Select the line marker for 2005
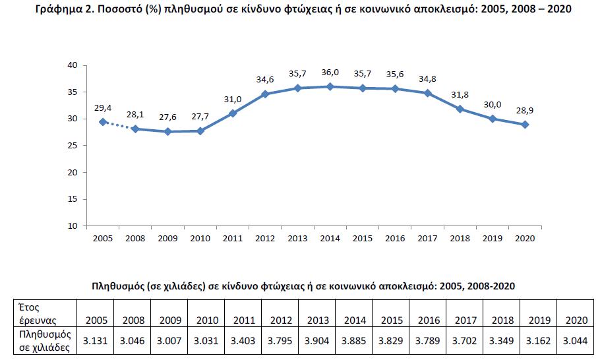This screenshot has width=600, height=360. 102,122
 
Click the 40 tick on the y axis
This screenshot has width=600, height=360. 73,65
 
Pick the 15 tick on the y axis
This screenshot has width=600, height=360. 73,199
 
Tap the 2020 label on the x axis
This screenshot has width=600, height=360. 525,238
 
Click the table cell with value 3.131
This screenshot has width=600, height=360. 96,342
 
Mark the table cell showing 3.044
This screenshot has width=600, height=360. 576,342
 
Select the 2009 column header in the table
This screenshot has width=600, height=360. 171,320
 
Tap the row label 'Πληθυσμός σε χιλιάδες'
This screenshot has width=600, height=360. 43,341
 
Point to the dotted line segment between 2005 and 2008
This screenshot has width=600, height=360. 119,126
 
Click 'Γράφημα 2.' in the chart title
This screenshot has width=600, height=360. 62,10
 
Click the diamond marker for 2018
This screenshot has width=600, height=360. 460,109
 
